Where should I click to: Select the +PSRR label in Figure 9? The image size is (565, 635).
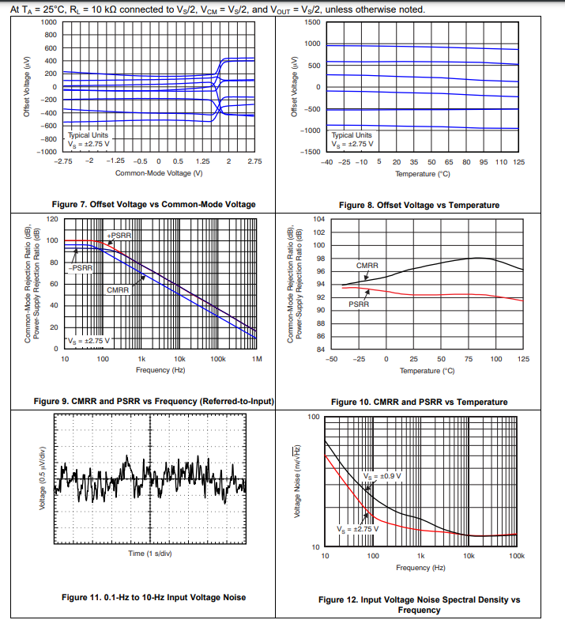click(x=119, y=236)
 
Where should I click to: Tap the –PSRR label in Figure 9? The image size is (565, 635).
click(x=81, y=268)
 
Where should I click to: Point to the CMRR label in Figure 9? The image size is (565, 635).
click(x=118, y=290)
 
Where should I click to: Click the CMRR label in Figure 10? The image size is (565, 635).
click(x=367, y=266)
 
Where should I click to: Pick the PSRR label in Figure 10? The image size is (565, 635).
click(x=359, y=304)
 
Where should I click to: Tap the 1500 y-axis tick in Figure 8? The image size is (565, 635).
click(x=313, y=22)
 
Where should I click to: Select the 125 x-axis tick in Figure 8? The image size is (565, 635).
click(x=518, y=161)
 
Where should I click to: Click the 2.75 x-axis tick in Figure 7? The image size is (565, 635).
click(x=254, y=161)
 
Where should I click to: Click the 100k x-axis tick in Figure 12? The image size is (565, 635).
click(x=516, y=557)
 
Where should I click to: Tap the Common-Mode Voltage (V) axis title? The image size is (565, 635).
click(x=159, y=172)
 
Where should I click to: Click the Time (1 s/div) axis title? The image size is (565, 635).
click(x=150, y=553)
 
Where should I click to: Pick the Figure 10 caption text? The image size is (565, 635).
click(x=419, y=402)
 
